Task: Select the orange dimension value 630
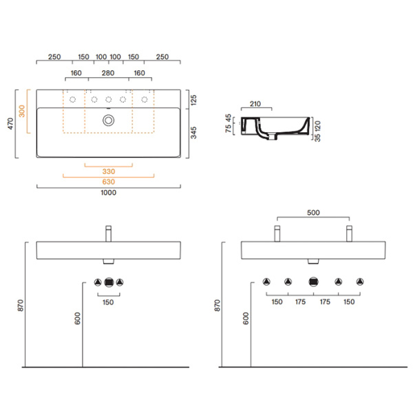[108, 182]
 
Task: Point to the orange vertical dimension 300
[22, 112]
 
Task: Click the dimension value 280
[108, 73]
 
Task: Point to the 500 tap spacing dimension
[313, 214]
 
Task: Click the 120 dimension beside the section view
[317, 125]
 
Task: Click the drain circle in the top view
[108, 120]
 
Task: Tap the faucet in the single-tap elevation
[108, 233]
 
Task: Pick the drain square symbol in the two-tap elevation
[314, 282]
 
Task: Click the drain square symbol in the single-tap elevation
[108, 282]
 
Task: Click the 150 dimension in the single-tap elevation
[108, 301]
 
